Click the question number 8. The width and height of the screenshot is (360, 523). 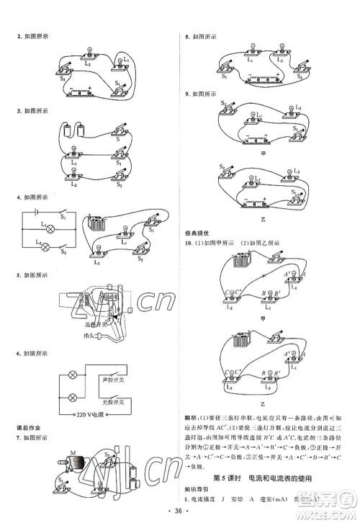point(187,36)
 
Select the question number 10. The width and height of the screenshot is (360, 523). point(189,243)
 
